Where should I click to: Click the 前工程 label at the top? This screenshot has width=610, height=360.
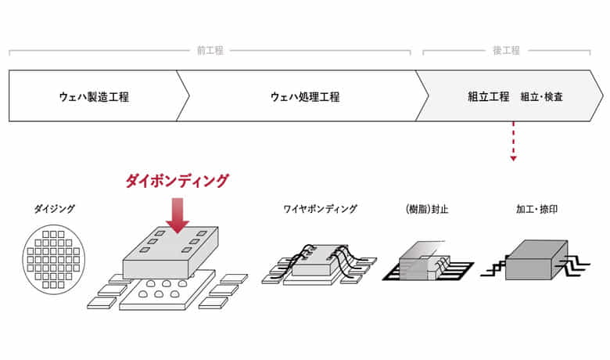pyautogui.click(x=210, y=51)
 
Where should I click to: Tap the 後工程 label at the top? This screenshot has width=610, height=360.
pyautogui.click(x=506, y=51)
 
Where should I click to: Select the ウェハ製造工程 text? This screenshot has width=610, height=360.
pyautogui.click(x=94, y=96)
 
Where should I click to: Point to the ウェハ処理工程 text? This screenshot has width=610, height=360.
pyautogui.click(x=305, y=96)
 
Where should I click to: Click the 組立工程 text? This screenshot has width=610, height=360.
pyautogui.click(x=488, y=96)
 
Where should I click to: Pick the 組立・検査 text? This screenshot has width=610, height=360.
pyautogui.click(x=541, y=96)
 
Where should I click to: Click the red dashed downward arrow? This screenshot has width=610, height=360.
pyautogui.click(x=514, y=142)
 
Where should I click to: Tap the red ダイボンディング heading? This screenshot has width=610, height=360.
pyautogui.click(x=177, y=181)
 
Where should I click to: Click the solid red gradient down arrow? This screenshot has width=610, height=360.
pyautogui.click(x=178, y=216)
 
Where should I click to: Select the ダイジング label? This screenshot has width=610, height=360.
pyautogui.click(x=55, y=209)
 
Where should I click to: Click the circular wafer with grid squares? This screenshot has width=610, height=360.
pyautogui.click(x=54, y=259)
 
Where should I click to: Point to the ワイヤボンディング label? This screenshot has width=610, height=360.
pyautogui.click(x=320, y=209)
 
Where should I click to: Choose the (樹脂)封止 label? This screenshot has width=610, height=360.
pyautogui.click(x=427, y=209)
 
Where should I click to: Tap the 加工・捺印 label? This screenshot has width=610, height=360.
pyautogui.click(x=536, y=209)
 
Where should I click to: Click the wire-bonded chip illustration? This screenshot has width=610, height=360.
pyautogui.click(x=319, y=265)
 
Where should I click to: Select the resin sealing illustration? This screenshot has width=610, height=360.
pyautogui.click(x=428, y=261)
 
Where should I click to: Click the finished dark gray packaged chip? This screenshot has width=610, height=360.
pyautogui.click(x=536, y=260)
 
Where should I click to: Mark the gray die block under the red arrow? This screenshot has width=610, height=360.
pyautogui.click(x=170, y=252)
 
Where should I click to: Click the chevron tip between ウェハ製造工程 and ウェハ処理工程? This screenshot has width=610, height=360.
pyautogui.click(x=189, y=95)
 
